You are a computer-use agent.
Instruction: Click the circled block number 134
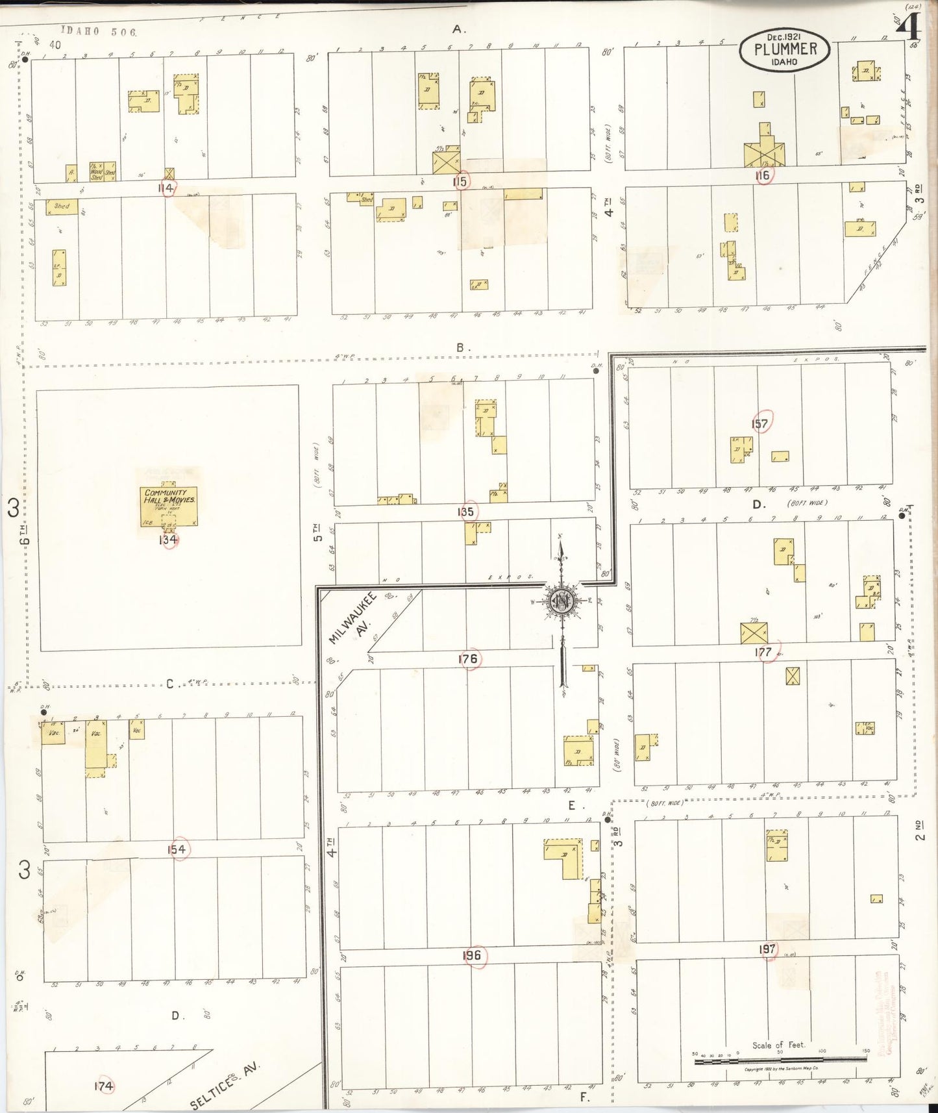tap(169, 540)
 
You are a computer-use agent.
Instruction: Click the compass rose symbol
tap(561, 601)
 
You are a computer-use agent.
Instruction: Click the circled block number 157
tap(759, 424)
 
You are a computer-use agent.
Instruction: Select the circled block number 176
tap(468, 659)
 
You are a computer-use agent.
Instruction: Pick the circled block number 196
tap(472, 955)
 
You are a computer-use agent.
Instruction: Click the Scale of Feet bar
tap(780, 1060)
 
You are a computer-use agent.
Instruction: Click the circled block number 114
tap(166, 188)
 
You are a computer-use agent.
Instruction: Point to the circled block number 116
tap(762, 175)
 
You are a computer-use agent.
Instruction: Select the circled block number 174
tap(103, 1086)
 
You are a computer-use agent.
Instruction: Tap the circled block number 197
tap(767, 949)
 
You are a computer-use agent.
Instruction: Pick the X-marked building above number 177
tap(754, 632)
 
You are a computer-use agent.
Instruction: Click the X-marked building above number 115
tap(447, 162)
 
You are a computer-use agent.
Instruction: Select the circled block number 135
tap(465, 512)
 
